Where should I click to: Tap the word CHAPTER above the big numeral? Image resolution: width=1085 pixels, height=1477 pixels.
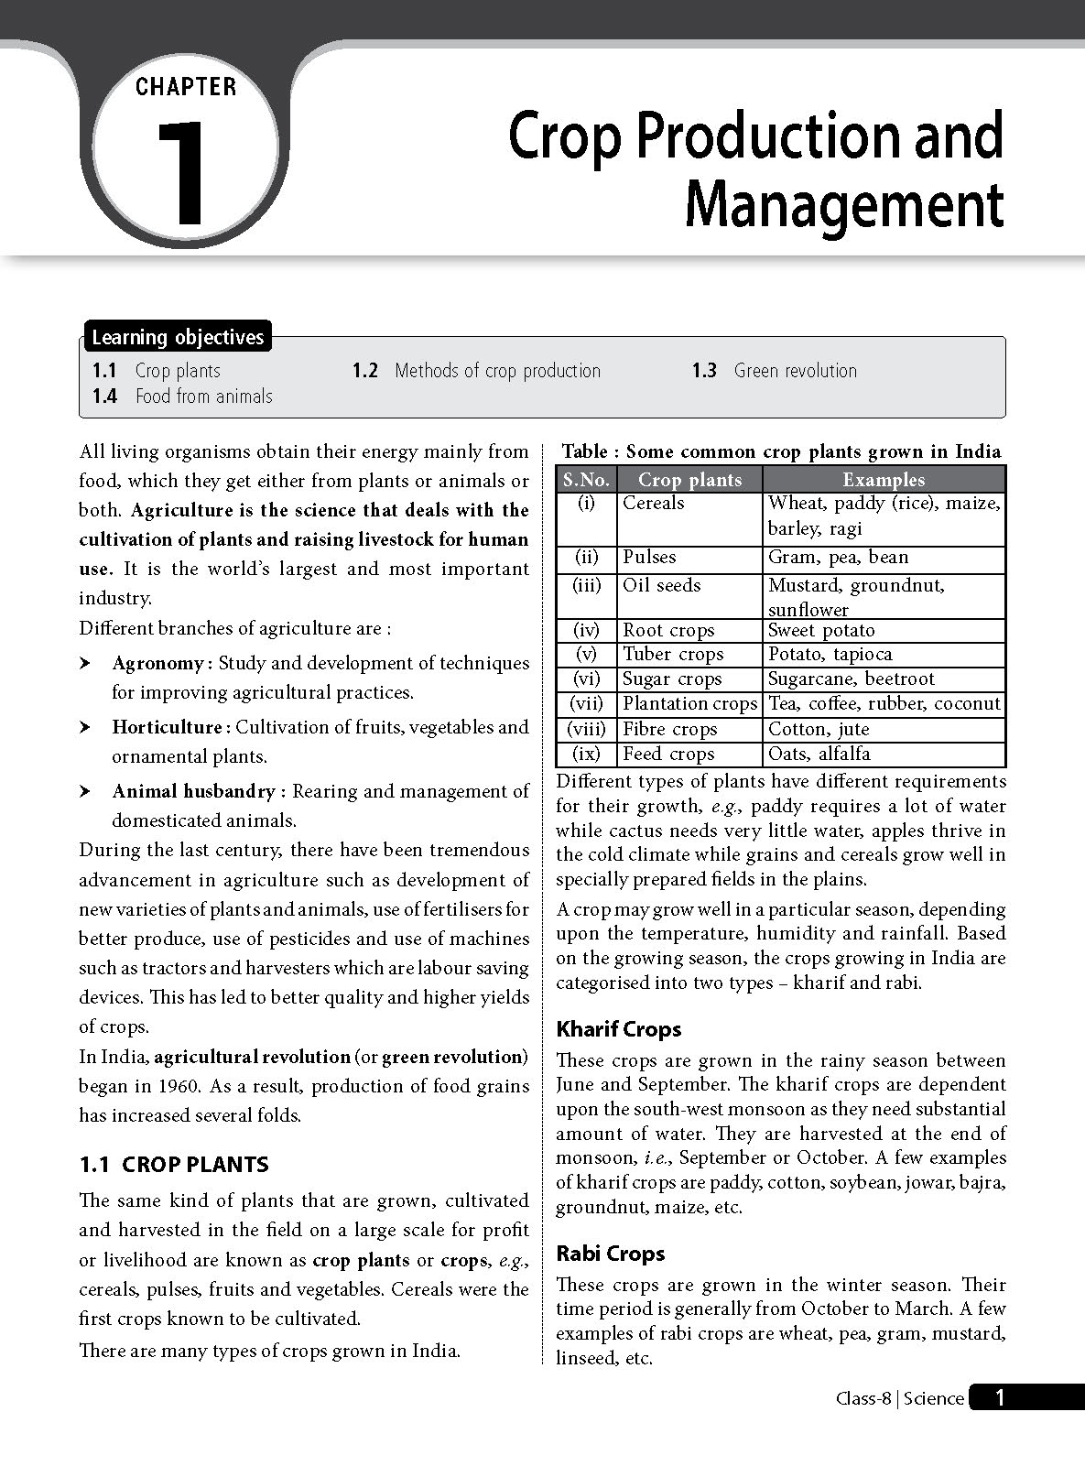click(186, 87)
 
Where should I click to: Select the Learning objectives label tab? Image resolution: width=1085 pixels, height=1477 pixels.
click(178, 337)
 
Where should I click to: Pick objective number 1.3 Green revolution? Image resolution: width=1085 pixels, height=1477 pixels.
click(775, 371)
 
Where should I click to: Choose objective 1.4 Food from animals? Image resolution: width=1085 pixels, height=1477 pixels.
click(183, 396)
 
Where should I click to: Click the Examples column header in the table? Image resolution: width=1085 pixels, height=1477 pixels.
click(884, 479)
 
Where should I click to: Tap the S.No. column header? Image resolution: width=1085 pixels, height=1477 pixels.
click(586, 479)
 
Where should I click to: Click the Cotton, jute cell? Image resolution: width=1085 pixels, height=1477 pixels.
click(819, 729)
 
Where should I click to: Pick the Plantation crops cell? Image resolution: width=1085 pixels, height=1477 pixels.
click(689, 703)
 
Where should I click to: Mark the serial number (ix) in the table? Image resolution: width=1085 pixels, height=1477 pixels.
click(586, 754)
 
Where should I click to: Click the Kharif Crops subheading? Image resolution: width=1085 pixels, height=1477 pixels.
click(619, 1029)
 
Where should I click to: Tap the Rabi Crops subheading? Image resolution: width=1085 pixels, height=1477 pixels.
click(610, 1254)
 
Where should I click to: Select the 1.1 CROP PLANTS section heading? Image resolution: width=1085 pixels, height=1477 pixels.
click(174, 1165)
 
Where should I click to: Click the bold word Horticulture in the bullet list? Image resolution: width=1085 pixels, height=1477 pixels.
click(167, 727)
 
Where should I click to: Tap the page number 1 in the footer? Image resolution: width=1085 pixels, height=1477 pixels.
click(1000, 1397)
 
